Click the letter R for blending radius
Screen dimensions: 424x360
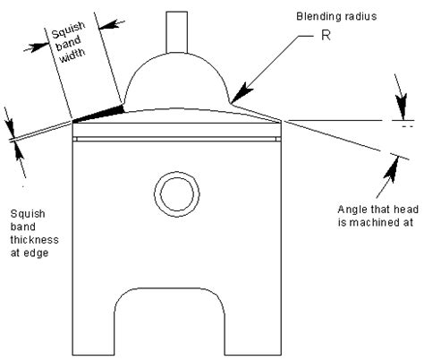(326, 35)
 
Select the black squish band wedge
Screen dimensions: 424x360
(98, 114)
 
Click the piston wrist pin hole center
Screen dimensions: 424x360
(177, 194)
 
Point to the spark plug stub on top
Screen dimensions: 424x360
(177, 32)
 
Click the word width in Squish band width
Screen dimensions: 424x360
(72, 56)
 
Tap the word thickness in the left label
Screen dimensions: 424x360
(35, 240)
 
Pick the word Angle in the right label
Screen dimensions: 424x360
(351, 210)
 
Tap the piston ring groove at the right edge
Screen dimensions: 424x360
(278, 139)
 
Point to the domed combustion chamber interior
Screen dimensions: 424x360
(176, 81)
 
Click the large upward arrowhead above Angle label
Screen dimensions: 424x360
(392, 169)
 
